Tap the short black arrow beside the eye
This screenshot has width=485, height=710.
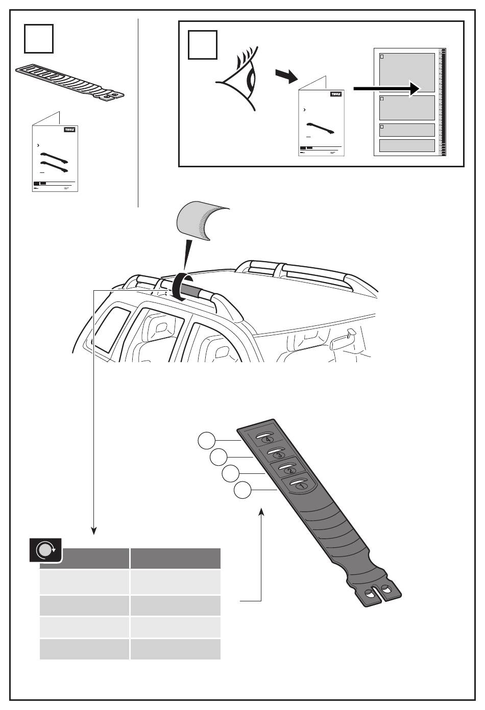(286, 76)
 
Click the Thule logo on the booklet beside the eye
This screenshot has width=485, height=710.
(336, 94)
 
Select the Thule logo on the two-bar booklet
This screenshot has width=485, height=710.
(69, 130)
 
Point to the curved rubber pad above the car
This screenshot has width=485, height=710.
(201, 219)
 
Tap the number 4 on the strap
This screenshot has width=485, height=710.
(268, 440)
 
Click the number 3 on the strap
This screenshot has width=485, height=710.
(279, 454)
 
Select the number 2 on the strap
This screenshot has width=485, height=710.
(289, 470)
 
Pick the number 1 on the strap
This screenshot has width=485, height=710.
(301, 486)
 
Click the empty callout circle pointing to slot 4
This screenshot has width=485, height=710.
(207, 440)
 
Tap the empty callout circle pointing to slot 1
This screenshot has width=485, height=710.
(243, 491)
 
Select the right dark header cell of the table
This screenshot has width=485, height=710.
(175, 559)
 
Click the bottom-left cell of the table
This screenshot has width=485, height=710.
(84, 649)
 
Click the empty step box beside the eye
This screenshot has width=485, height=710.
(203, 45)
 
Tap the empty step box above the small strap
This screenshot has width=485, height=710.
(39, 39)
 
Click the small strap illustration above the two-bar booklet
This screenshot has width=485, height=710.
(69, 82)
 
